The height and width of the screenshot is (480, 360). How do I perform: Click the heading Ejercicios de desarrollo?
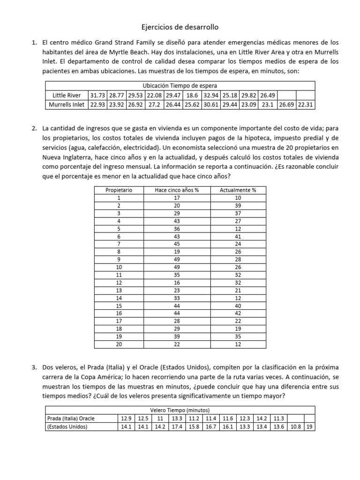180,28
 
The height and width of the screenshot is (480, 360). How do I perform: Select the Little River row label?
66,95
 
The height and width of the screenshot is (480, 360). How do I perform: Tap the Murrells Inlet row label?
67,105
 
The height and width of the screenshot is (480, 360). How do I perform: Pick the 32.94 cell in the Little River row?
210,95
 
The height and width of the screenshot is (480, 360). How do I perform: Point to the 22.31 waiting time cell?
305,105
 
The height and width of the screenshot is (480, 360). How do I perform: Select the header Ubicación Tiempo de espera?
180,86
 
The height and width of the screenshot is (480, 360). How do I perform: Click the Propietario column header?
119,190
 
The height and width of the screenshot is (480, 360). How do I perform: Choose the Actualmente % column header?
238,190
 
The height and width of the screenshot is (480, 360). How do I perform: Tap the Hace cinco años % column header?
177,190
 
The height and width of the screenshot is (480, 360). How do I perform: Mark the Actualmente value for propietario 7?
238,244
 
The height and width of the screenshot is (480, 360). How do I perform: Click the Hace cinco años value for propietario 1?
177,198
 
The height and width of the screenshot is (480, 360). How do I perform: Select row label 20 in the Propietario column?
119,344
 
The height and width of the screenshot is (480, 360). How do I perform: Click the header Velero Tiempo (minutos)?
180,409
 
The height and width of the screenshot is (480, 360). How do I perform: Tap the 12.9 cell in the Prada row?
126,418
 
